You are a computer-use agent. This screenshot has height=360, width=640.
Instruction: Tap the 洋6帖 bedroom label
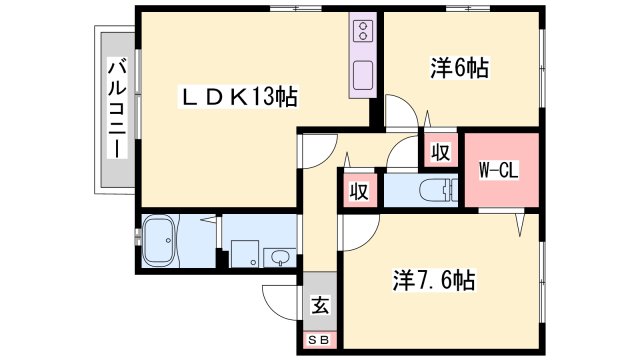pyautogui.click(x=459, y=68)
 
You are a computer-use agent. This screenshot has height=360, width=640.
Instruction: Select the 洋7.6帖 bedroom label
pyautogui.click(x=432, y=281)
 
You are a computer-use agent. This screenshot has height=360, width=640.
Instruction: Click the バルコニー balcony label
pyautogui.click(x=116, y=110)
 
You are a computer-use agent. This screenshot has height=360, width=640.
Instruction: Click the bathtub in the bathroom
pyautogui.click(x=161, y=242)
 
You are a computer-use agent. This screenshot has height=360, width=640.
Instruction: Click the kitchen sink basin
pyautogui.click(x=363, y=74)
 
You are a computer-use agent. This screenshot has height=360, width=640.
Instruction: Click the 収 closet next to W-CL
pyautogui.click(x=440, y=153)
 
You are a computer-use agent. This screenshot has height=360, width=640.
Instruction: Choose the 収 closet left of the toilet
pyautogui.click(x=357, y=190)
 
